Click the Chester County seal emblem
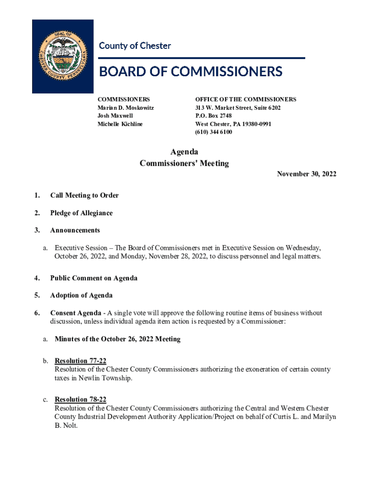coord(63,56)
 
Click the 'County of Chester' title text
coord(135,46)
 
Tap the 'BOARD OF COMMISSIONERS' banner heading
coord(190,72)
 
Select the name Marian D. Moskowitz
coord(126,108)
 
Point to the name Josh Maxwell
coord(115,116)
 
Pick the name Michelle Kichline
coord(120,124)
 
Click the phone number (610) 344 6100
coord(213,132)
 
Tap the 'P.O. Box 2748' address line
coord(213,116)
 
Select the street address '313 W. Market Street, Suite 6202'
coord(238,108)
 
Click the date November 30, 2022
coord(306,174)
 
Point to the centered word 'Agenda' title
coord(184,152)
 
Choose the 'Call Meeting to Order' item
coord(84,195)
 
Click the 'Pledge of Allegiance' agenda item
coord(81,213)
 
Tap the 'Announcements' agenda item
coord(75,230)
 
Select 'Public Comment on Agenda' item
coord(93,278)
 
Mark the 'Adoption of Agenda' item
coord(81,295)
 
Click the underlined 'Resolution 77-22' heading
coord(81,361)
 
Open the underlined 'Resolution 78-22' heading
coord(81,399)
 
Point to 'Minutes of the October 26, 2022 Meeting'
coord(117,339)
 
